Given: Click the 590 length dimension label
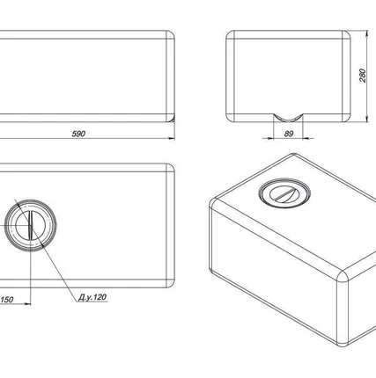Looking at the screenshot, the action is [78, 134].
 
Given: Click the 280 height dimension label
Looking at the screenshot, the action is [363, 76].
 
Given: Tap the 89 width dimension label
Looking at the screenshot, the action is [289, 134].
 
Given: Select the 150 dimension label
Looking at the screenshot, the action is [7, 300].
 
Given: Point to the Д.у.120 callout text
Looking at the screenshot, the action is [92, 297].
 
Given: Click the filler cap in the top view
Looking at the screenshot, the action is [30, 225].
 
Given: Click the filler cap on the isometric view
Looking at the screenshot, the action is [284, 193].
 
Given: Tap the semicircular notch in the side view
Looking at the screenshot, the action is [288, 119].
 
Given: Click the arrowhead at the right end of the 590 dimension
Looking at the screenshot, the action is [172, 138].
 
